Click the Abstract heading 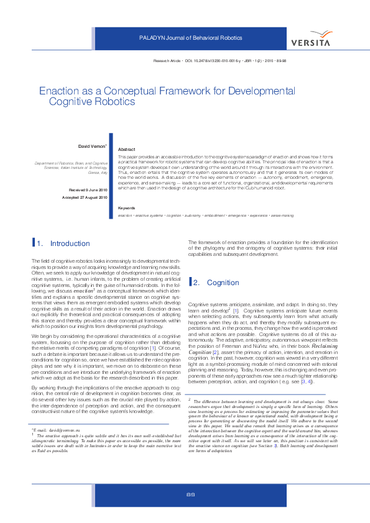tap(126, 150)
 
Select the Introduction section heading tap(70, 243)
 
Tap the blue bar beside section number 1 tap(33, 243)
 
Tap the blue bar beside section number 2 tap(190, 282)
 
